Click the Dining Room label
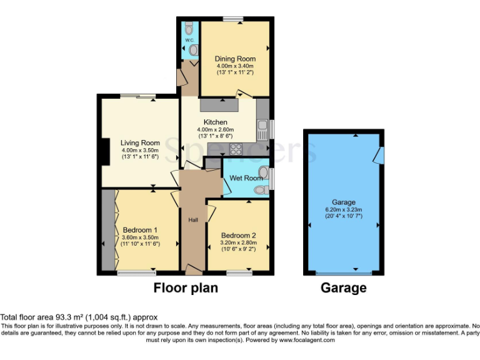tap(236, 59)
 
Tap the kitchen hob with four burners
tap(237, 149)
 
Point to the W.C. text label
tap(188, 40)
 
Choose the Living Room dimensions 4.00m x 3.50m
tap(141, 150)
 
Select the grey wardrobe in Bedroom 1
tap(107, 231)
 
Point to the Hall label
tap(193, 219)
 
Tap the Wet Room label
tap(246, 178)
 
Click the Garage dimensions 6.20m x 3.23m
tap(344, 210)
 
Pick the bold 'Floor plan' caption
tap(186, 289)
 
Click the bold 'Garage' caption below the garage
tap(343, 289)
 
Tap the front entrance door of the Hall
tap(194, 270)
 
